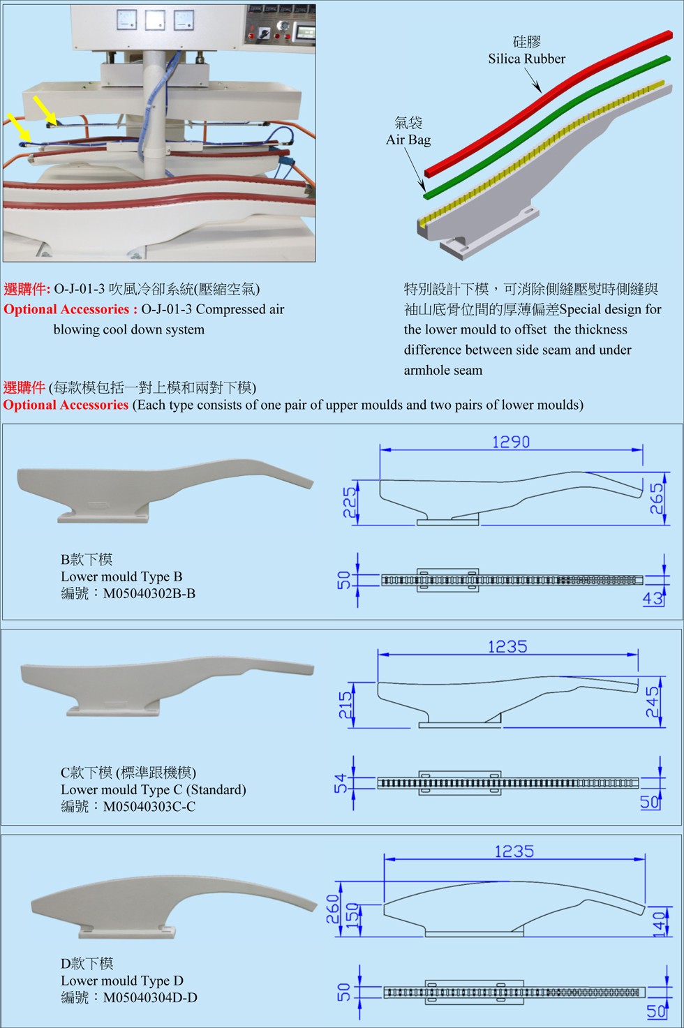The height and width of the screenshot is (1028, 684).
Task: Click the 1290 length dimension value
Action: (511, 442)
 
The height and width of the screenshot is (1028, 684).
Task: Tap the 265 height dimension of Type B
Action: (657, 499)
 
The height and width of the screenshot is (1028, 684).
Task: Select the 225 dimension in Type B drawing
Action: (350, 502)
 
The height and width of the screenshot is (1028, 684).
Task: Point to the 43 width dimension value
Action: (653, 598)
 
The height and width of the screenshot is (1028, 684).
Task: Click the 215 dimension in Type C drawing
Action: (345, 706)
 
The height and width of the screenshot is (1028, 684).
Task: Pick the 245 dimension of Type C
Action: (653, 702)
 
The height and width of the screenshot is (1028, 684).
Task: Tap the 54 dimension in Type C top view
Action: (341, 783)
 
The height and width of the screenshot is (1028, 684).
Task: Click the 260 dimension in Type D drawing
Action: (333, 908)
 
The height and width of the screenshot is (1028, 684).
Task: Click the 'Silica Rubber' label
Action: (526, 59)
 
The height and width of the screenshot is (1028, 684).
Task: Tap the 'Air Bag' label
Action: (408, 140)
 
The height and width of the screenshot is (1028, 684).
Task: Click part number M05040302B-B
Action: (149, 594)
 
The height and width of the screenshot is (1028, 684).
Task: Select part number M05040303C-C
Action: (149, 807)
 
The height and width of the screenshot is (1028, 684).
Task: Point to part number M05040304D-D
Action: (150, 998)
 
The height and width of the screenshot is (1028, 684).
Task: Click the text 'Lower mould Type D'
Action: (122, 981)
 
